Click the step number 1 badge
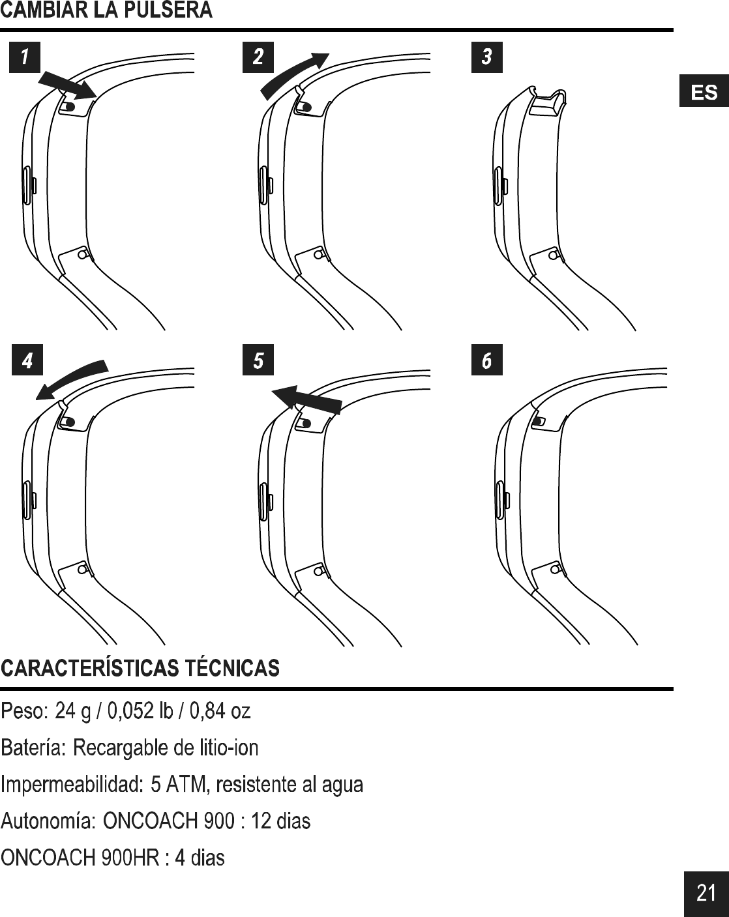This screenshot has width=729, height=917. [x=24, y=57]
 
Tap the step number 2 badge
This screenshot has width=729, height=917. [x=258, y=57]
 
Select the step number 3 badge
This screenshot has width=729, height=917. [x=486, y=57]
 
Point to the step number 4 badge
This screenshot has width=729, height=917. [x=27, y=360]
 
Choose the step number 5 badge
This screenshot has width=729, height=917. [x=258, y=360]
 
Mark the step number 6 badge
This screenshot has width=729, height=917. [x=486, y=360]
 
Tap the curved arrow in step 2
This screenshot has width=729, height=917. [x=294, y=74]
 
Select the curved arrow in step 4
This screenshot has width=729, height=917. [x=70, y=377]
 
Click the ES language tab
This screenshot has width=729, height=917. [x=704, y=93]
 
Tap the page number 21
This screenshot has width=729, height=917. [x=706, y=892]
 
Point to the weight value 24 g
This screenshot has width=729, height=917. [x=72, y=710]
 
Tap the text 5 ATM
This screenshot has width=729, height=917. [x=178, y=783]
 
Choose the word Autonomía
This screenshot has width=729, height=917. [x=48, y=821]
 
